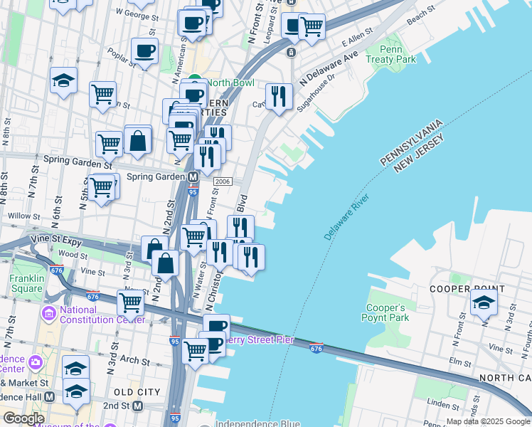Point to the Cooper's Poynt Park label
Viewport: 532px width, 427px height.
pyautogui.click(x=388, y=312)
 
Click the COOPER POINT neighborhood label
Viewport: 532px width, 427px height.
pyautogui.click(x=467, y=289)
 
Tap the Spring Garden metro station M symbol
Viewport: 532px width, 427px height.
pyautogui.click(x=193, y=176)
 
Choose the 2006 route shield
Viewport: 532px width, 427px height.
pyautogui.click(x=223, y=182)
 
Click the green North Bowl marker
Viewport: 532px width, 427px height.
pyautogui.click(x=194, y=80)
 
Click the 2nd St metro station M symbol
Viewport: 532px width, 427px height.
pyautogui.click(x=139, y=405)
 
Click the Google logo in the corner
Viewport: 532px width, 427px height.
pyautogui.click(x=23, y=418)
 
